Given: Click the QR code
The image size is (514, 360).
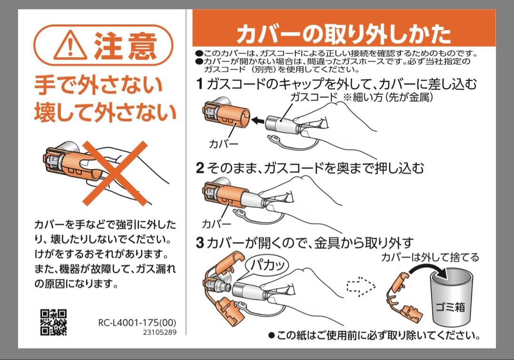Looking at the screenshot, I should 53,322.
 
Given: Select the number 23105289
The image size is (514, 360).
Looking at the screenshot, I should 158,332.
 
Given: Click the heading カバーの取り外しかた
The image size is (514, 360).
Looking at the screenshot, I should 343,34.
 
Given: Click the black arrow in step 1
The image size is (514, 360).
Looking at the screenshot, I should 258,121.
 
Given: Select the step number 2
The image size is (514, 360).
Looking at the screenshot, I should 200,168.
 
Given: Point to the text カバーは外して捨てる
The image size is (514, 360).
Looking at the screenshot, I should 430,257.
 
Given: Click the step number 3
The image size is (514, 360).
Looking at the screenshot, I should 200,243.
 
